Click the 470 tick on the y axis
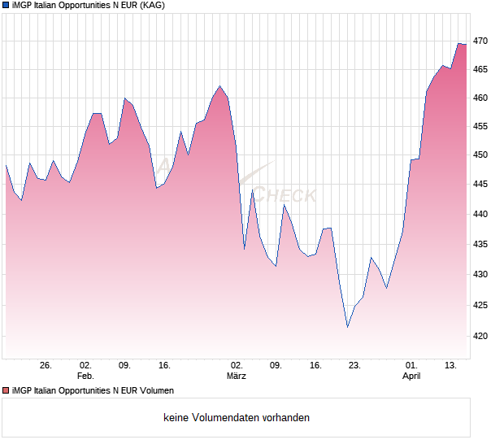480,41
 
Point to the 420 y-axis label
480,336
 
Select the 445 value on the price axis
480,185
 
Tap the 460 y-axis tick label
480,98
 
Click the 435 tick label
480,245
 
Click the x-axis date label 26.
46,365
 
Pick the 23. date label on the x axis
354,365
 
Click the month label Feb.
85,376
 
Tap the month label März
237,376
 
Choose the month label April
412,376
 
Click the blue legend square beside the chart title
7,7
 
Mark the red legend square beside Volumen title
7,391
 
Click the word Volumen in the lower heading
154,391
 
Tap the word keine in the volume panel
176,418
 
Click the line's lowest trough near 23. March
347,327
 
